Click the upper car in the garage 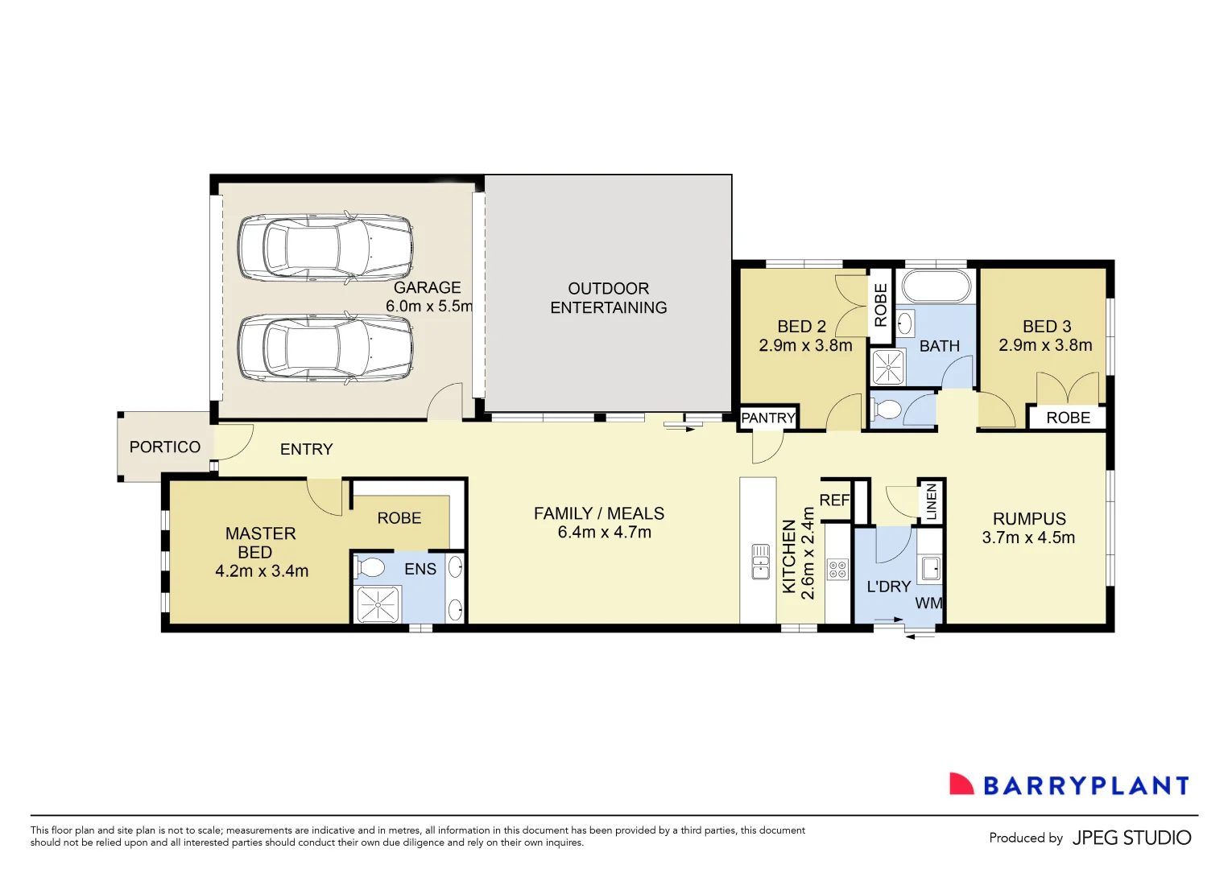pyautogui.click(x=325, y=248)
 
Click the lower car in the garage pyautogui.click(x=325, y=348)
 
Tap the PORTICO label pyautogui.click(x=165, y=447)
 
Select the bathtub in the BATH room pyautogui.click(x=936, y=286)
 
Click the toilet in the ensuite pyautogui.click(x=370, y=567)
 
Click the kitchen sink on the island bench pyautogui.click(x=760, y=562)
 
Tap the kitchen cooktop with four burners pyautogui.click(x=837, y=570)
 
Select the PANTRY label pyautogui.click(x=768, y=418)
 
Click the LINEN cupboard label pyautogui.click(x=932, y=501)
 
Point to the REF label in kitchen pyautogui.click(x=834, y=500)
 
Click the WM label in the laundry pyautogui.click(x=928, y=603)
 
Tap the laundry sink pyautogui.click(x=930, y=568)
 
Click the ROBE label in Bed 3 pyautogui.click(x=1068, y=418)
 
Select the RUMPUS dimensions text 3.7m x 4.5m pyautogui.click(x=1028, y=538)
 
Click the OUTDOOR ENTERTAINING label pyautogui.click(x=608, y=298)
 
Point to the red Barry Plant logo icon pyautogui.click(x=961, y=785)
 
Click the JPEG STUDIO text pyautogui.click(x=1131, y=838)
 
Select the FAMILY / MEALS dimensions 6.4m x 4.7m pyautogui.click(x=604, y=533)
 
